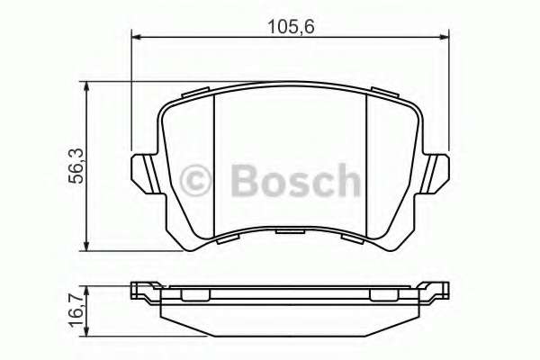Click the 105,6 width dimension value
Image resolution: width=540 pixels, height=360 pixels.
point(292,26)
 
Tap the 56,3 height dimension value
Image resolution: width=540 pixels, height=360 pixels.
point(76,166)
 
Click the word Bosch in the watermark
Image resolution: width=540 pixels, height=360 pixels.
point(296,181)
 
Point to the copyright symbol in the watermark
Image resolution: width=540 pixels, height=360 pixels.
point(195,181)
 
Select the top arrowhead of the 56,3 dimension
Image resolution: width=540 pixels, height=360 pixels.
point(86,86)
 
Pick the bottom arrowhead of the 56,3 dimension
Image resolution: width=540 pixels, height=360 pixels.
point(86,246)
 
